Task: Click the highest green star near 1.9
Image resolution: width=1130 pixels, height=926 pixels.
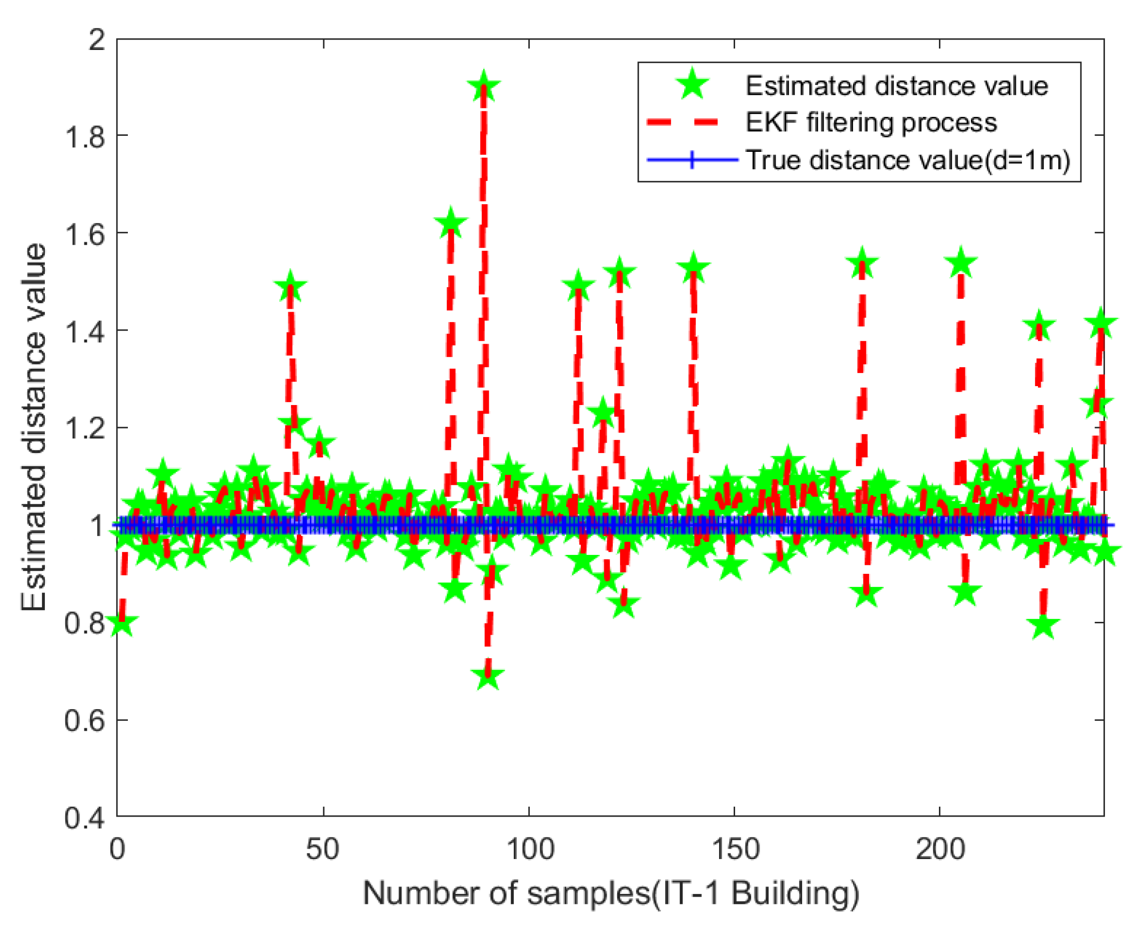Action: click(x=483, y=87)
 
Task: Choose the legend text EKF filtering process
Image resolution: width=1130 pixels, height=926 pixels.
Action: click(x=871, y=123)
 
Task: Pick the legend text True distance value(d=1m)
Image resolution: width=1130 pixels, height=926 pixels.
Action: click(x=907, y=160)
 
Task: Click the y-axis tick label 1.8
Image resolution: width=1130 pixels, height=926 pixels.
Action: click(x=85, y=137)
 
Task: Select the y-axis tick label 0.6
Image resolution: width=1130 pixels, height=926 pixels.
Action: click(x=85, y=720)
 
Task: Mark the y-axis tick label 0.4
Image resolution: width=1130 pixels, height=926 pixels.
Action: click(x=85, y=818)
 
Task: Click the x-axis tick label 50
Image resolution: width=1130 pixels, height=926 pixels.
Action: click(x=322, y=849)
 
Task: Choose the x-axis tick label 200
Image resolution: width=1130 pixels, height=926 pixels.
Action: click(x=940, y=849)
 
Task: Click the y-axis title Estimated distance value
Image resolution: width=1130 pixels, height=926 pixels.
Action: click(x=33, y=427)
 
